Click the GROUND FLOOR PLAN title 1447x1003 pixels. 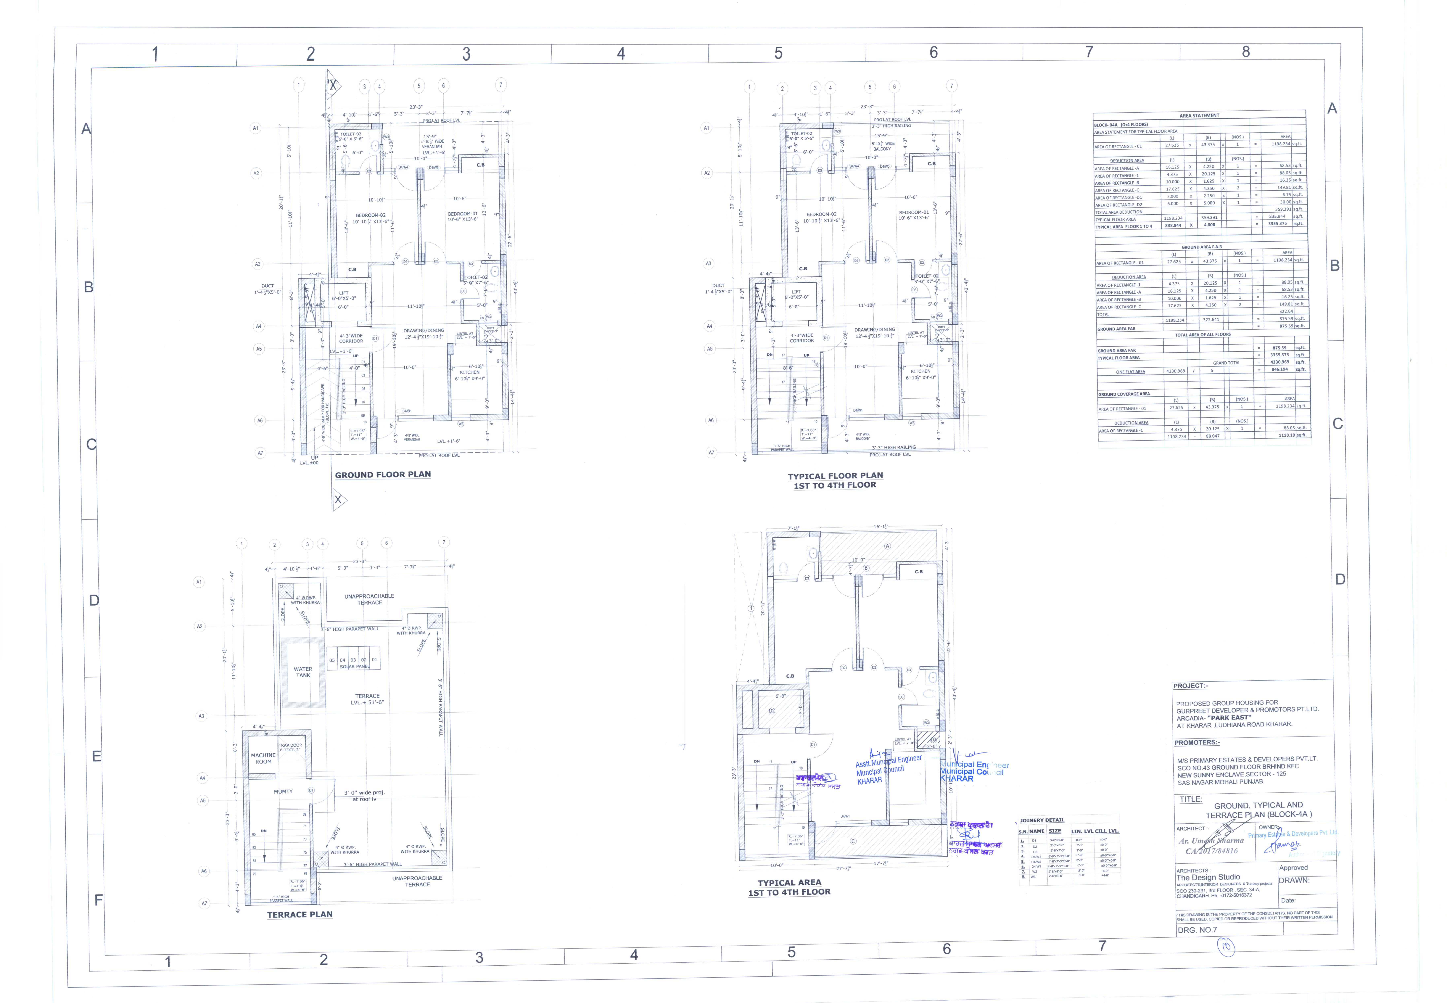pyautogui.click(x=383, y=474)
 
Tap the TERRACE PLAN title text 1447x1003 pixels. pyautogui.click(x=300, y=914)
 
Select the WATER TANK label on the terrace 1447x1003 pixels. pyautogui.click(x=303, y=672)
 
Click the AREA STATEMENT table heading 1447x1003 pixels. pyautogui.click(x=1199, y=116)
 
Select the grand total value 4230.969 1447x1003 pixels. pyautogui.click(x=1279, y=362)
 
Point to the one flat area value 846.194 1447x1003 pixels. pyautogui.click(x=1279, y=369)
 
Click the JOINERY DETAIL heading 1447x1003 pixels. pyautogui.click(x=1042, y=820)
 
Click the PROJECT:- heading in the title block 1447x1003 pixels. pyautogui.click(x=1190, y=686)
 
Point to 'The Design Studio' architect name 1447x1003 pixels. pyautogui.click(x=1208, y=877)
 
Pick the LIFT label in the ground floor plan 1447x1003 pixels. pyautogui.click(x=343, y=293)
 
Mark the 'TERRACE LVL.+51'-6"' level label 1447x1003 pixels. pyautogui.click(x=367, y=699)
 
